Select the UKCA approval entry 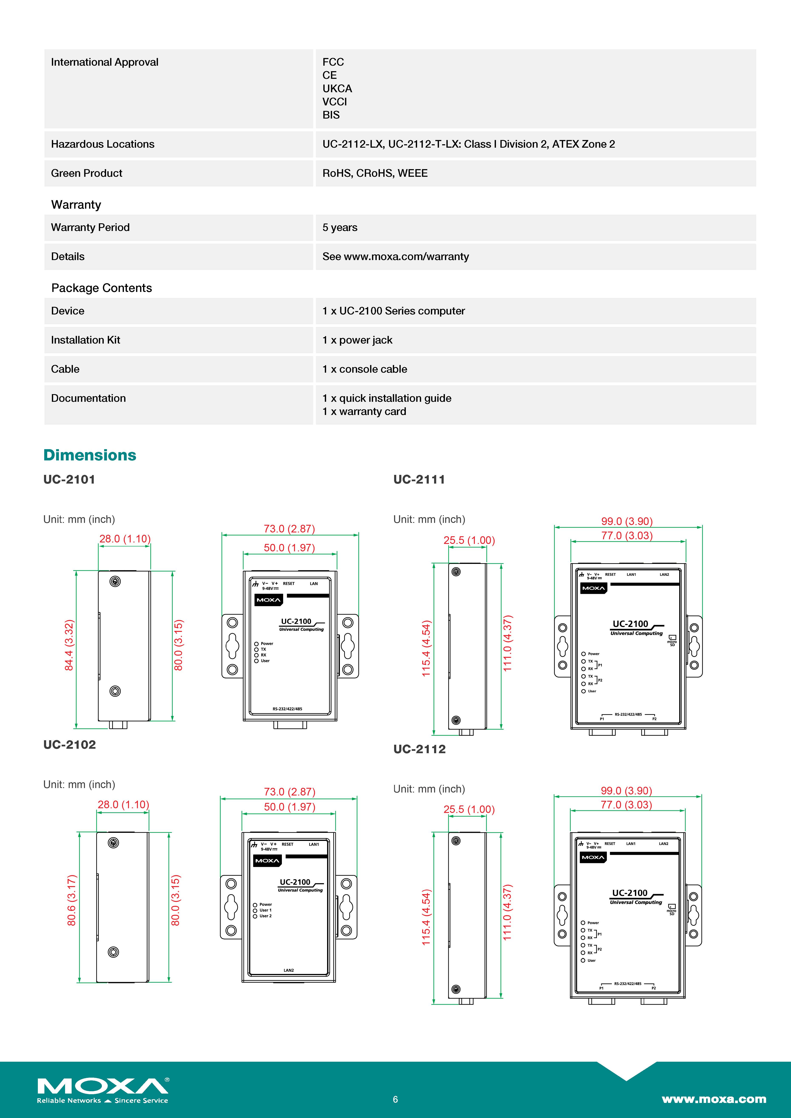click(337, 89)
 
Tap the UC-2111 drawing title click(419, 480)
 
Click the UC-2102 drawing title click(70, 744)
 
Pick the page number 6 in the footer click(395, 1099)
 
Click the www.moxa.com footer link click(714, 1099)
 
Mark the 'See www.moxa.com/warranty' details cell click(395, 257)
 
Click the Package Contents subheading click(101, 288)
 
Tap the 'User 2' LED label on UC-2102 click(266, 916)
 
